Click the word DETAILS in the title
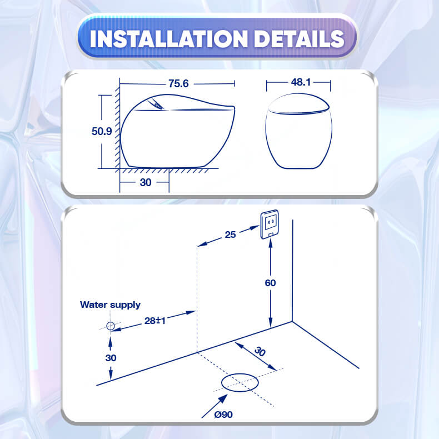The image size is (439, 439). coord(299,39)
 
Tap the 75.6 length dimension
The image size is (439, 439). coord(178,83)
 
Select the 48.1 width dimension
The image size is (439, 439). coord(301,82)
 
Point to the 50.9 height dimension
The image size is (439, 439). coord(102,131)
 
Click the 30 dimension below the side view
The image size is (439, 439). coord(145,182)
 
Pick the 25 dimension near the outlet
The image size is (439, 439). coord(230,235)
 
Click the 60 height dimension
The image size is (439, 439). coord(270,283)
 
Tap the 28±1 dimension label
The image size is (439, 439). coord(155,321)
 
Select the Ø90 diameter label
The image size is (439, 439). coord(223,415)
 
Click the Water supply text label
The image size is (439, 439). coord(111,305)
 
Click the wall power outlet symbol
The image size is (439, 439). coord(270,225)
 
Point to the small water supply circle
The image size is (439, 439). coord(111,326)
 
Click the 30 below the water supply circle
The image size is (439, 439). coord(111,358)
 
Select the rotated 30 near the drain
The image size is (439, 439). coord(260,351)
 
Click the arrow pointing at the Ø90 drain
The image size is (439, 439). coord(214,406)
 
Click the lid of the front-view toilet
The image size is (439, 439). coord(298,104)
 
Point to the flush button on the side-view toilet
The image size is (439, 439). coord(157,104)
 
